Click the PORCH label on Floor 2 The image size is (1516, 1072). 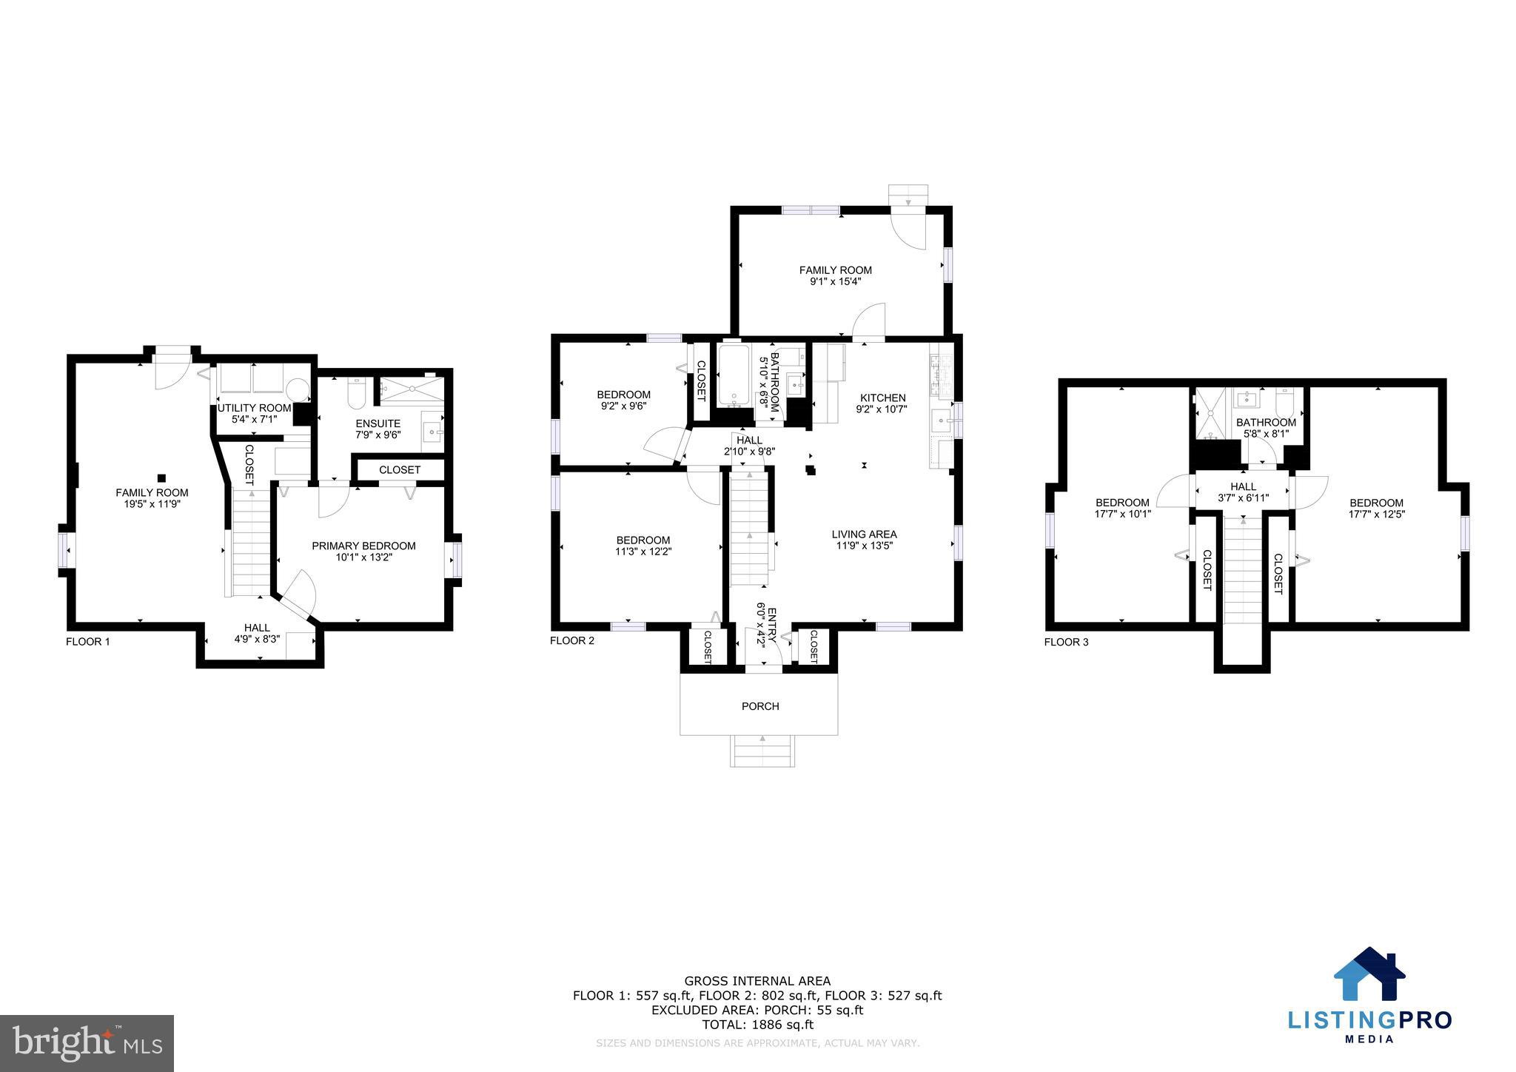(x=760, y=706)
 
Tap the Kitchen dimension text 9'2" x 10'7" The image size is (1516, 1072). (x=882, y=409)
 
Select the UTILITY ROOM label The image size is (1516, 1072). (x=254, y=408)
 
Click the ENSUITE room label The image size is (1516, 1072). (x=378, y=423)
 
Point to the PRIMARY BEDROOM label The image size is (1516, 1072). (x=363, y=546)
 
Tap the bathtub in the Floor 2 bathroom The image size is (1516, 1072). (x=734, y=375)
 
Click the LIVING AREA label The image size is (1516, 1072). (x=864, y=534)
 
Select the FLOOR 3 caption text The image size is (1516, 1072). (x=1066, y=642)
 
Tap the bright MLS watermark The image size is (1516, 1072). (x=87, y=1044)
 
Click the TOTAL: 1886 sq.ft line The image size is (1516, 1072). (x=757, y=1025)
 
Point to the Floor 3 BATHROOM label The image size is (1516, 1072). (x=1266, y=422)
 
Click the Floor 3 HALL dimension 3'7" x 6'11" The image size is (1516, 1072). (x=1244, y=498)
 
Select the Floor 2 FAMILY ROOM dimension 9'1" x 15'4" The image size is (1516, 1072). (x=835, y=281)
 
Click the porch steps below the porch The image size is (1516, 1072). (x=763, y=751)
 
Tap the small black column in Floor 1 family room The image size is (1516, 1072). (x=161, y=478)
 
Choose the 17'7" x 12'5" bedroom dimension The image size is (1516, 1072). (x=1376, y=514)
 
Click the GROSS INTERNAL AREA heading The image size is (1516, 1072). (x=757, y=982)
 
